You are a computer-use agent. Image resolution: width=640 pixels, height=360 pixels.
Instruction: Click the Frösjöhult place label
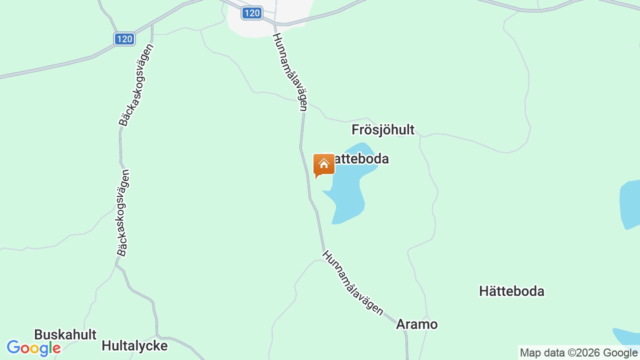pos(383,130)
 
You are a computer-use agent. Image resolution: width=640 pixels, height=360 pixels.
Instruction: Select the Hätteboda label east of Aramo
pos(511,291)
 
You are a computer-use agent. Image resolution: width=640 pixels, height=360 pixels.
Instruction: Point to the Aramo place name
pos(416,324)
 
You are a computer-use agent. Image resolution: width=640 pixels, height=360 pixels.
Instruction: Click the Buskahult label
pos(65,334)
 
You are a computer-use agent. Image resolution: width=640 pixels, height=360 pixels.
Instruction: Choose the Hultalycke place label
pos(134,345)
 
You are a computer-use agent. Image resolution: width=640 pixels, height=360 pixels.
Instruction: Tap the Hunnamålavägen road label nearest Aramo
pos(353,283)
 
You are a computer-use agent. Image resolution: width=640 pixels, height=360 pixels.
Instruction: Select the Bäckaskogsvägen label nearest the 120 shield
pos(135,85)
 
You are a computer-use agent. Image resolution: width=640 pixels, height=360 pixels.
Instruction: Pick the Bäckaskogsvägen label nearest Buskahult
pos(123,212)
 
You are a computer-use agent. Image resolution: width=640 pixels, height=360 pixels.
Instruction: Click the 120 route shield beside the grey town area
pos(251,13)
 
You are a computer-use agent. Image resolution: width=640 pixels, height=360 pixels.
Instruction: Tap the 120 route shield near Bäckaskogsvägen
pos(124,39)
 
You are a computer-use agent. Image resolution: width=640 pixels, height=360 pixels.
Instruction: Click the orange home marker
pos(323,165)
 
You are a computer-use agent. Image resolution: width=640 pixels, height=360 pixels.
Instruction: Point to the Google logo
pos(33,348)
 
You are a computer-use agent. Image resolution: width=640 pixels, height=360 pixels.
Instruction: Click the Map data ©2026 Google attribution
pos(578,352)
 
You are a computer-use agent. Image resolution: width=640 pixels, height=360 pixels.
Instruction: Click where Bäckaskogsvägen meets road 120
pos(152,23)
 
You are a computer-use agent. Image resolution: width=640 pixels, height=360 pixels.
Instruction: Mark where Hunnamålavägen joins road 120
pos(274,22)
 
